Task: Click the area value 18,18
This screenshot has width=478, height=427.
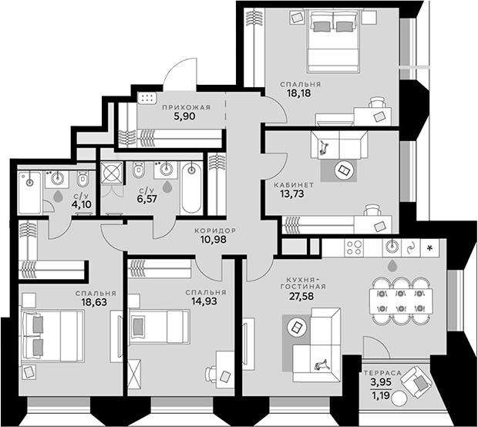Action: pos(299,93)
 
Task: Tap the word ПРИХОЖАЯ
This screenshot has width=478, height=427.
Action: pos(187,108)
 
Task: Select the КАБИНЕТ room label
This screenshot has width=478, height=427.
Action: pos(294,185)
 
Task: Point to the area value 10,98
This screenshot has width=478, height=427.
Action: pos(214,240)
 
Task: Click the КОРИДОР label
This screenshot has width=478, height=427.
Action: pos(215,230)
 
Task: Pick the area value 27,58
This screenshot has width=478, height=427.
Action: pos(301,296)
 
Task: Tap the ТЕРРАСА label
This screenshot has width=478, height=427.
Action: pos(382,373)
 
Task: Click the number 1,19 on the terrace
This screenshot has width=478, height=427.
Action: pos(381,396)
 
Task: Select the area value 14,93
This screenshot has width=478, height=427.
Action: pos(204,301)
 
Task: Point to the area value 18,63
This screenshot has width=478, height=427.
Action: pos(94,302)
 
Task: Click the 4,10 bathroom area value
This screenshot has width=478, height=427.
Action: pos(82,204)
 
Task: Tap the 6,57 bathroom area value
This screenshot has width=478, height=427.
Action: pos(147,199)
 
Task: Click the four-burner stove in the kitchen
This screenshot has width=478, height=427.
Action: pos(354,247)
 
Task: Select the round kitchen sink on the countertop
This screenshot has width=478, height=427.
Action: pos(392,247)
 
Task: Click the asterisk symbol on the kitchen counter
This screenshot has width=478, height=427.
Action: pos(430,248)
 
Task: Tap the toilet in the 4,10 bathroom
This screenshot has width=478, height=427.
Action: pos(82,179)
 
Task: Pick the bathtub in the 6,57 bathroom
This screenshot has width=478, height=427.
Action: pos(191,188)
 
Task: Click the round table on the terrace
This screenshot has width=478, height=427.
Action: pos(399,398)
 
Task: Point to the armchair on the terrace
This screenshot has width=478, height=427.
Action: pos(417,381)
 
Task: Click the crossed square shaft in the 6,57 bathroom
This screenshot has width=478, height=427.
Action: pos(112,173)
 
